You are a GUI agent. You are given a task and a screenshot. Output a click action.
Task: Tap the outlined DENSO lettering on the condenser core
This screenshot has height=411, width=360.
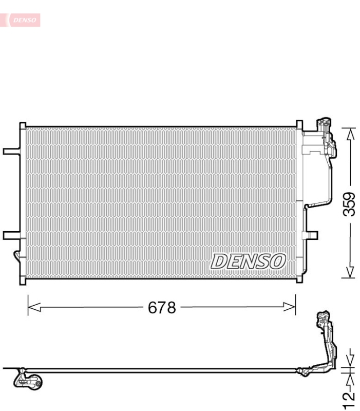(x=248, y=261)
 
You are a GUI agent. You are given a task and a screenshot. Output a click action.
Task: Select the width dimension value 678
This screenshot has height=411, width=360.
(x=162, y=308)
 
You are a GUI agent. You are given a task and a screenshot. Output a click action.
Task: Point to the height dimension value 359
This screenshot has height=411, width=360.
(x=349, y=204)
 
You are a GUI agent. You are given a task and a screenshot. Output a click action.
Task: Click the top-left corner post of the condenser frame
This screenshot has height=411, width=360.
(x=23, y=126)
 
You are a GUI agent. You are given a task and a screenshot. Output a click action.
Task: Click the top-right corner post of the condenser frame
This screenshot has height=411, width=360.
(x=299, y=125)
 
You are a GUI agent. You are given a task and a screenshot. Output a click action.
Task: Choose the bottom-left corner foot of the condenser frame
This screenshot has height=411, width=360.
(x=23, y=281)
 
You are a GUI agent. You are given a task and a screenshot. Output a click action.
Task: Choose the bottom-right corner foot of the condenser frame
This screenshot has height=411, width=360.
(x=299, y=279)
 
